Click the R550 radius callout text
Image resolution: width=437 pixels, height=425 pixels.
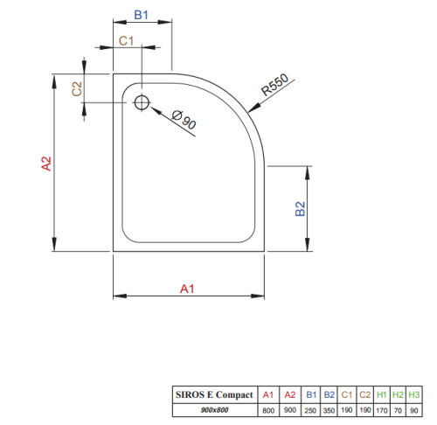point(274,85)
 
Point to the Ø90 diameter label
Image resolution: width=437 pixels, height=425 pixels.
point(184,119)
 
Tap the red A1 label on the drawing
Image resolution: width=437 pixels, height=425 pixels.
point(187,289)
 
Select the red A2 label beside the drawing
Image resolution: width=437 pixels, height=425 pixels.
point(46,164)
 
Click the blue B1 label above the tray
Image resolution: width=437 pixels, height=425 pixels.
point(141,15)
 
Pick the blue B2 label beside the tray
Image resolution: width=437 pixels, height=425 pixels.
point(300,209)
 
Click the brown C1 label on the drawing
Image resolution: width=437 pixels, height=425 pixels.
point(126,41)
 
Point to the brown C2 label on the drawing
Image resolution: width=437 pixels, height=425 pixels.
point(77,88)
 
